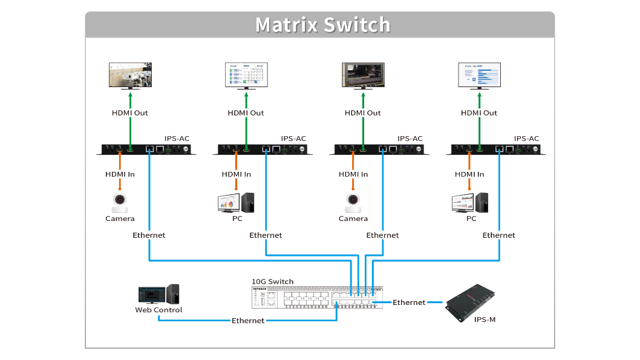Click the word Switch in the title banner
coord(357,25)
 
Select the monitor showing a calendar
coord(246,75)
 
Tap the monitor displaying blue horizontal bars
coord(478,75)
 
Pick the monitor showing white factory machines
coord(130,75)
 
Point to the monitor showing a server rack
coord(362,75)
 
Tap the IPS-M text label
coord(485,319)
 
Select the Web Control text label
coord(158,310)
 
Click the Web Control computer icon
coord(158,294)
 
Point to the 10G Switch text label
coord(272,281)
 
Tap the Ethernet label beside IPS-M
coord(409,302)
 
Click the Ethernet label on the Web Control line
coord(248,321)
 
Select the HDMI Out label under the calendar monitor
coord(246,113)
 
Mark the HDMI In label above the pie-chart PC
coord(236,174)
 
